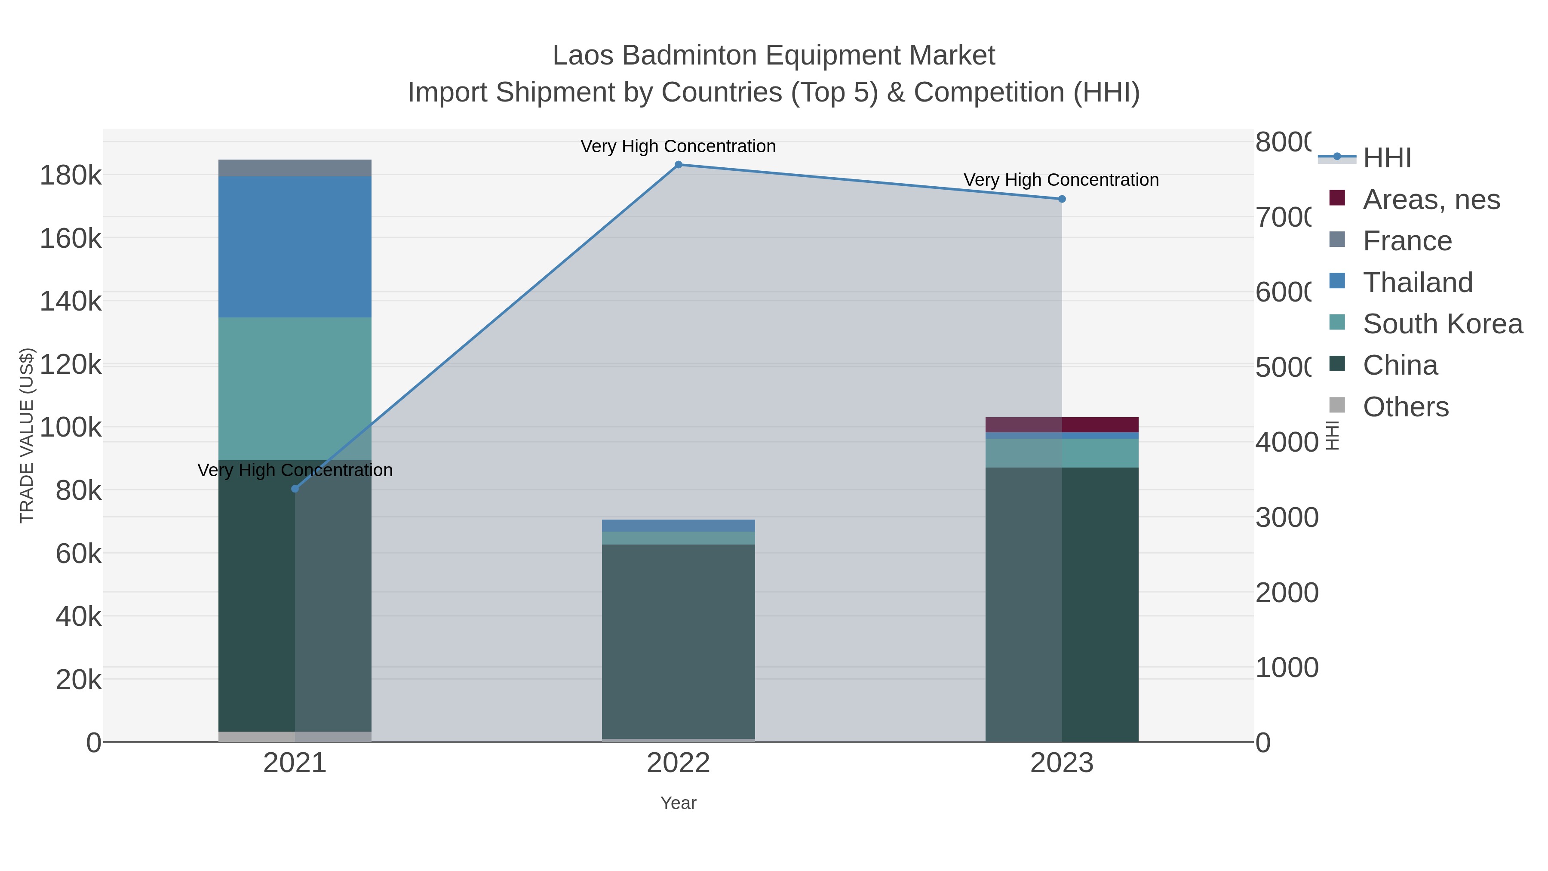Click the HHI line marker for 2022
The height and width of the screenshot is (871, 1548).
679,165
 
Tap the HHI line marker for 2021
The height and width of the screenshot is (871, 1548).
295,489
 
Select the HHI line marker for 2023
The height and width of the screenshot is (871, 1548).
1062,199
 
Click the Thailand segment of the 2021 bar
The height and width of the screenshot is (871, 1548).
295,246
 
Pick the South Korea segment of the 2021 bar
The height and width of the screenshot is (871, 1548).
295,388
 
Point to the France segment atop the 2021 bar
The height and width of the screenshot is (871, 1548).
295,168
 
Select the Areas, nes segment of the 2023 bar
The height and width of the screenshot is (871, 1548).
1062,425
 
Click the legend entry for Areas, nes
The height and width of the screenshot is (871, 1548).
1431,200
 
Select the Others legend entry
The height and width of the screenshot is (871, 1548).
1405,407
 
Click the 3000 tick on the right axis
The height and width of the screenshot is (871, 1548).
1287,517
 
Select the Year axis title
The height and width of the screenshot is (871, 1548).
679,803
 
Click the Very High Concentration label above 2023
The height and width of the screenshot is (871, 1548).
1061,180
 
